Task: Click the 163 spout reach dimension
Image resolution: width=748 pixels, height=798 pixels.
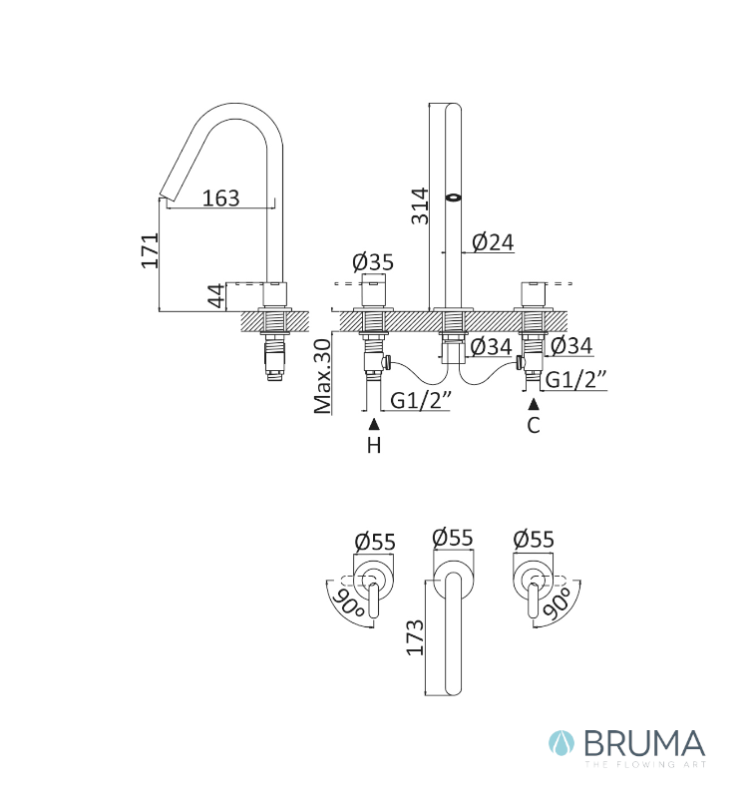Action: click(x=220, y=198)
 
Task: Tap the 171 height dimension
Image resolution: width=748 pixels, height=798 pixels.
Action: click(x=150, y=250)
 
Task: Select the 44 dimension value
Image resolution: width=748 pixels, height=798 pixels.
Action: click(x=216, y=296)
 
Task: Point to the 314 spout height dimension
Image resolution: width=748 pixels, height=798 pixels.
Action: click(x=420, y=206)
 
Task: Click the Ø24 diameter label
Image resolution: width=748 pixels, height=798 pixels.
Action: click(x=493, y=242)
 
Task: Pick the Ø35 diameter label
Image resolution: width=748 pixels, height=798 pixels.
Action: click(x=373, y=262)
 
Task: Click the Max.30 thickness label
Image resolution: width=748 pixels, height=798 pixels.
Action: click(x=322, y=377)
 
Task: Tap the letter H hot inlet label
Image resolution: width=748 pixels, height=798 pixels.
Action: click(x=374, y=445)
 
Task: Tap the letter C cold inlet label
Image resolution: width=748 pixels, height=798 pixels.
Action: click(x=534, y=425)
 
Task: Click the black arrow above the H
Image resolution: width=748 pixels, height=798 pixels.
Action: click(x=374, y=423)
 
